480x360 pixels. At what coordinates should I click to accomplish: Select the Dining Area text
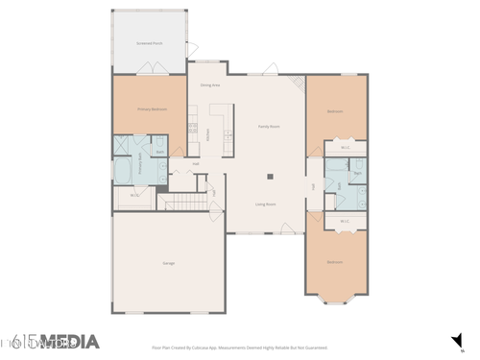211,85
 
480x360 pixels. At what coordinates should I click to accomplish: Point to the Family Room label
268,126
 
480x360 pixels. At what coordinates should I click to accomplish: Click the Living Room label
266,204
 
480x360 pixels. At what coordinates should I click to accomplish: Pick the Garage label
168,263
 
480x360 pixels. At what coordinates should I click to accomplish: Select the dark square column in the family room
271,177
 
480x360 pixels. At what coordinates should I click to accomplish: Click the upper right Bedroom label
335,111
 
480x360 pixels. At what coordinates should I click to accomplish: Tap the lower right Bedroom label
334,261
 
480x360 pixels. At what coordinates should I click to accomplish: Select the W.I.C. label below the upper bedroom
345,148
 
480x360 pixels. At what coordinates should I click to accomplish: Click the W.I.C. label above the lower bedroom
345,222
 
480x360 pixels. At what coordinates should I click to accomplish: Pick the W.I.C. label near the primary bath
133,197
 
